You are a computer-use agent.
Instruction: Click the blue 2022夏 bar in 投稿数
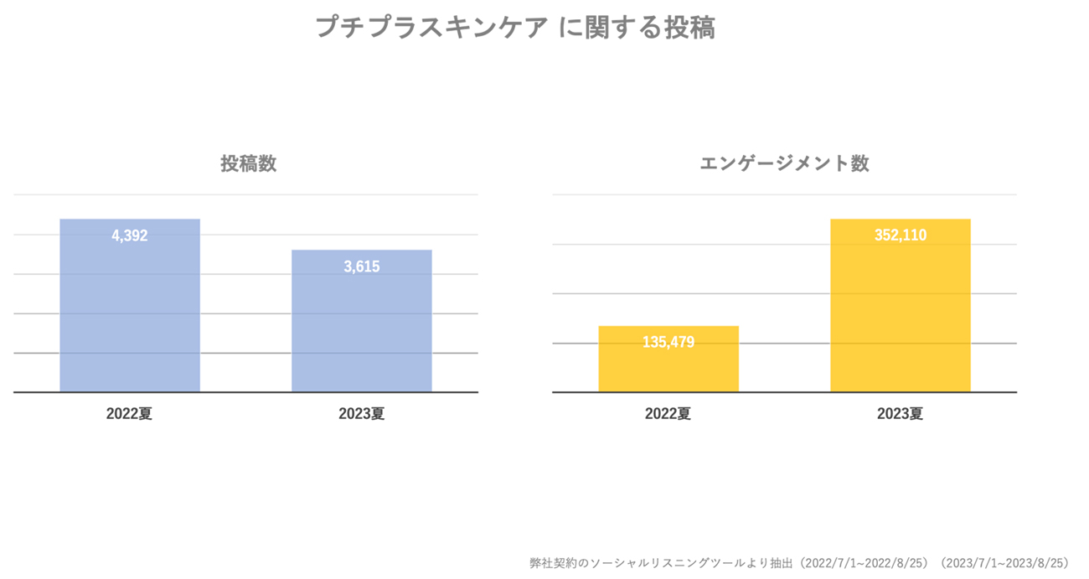coord(130,318)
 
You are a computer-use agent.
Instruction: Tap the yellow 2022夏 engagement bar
coord(668,369)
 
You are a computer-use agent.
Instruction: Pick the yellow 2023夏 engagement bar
coord(901,318)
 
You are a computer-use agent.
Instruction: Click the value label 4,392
coord(130,236)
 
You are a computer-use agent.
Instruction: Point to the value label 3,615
coord(362,267)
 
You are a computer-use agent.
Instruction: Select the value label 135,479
coord(668,342)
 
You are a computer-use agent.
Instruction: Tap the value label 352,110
coord(901,236)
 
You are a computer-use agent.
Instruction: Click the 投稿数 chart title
coord(249,163)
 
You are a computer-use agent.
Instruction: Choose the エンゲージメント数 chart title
coord(784,163)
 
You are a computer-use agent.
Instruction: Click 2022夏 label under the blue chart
coord(130,414)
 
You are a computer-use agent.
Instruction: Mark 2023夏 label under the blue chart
coord(362,414)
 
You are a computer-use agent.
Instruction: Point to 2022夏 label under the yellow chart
coord(668,414)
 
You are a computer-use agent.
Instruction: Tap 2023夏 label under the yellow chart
coord(901,414)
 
